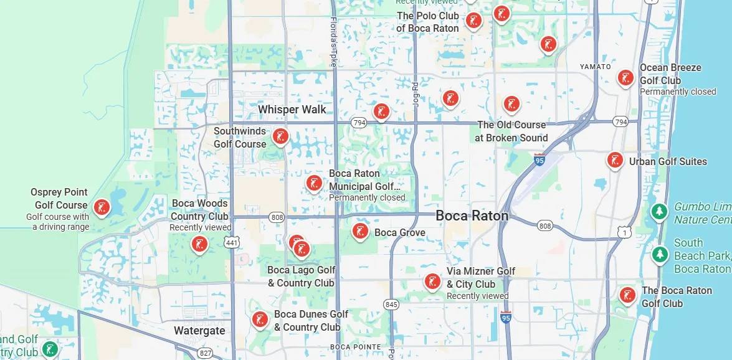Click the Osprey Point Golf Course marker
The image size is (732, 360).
coord(101,207)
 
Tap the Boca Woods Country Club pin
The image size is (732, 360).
coord(199,244)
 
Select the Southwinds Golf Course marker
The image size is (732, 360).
coord(280,136)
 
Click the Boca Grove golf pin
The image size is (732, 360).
coord(360,232)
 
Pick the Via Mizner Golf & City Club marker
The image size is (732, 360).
coord(432,282)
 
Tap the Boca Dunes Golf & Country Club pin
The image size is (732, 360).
coord(260,320)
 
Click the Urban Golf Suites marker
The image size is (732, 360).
coord(616,160)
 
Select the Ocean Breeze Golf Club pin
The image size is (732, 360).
coord(625,78)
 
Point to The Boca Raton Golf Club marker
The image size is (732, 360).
coord(627,295)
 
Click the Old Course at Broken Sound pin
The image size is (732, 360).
coord(511,104)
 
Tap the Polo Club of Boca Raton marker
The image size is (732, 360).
coord(474,21)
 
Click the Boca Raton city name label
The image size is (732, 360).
coord(472,216)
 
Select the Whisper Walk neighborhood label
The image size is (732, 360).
coord(292,110)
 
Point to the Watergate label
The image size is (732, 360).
coord(199,331)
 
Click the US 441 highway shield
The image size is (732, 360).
coord(232,242)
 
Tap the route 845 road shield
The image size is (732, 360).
coord(391,305)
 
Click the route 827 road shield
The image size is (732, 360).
coord(205,353)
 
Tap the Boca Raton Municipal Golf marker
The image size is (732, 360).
coord(313,183)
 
